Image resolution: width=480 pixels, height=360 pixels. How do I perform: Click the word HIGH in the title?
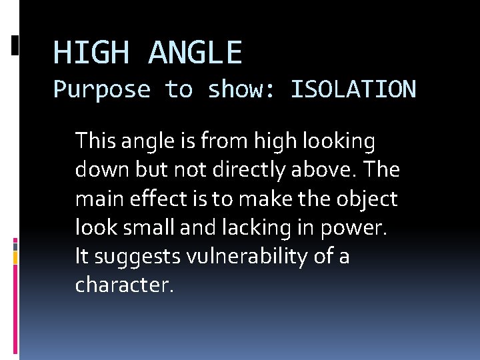pos(91,52)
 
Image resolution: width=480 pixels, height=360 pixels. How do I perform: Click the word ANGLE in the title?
pos(195,52)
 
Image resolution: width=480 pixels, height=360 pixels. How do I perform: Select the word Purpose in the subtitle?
pos(102,89)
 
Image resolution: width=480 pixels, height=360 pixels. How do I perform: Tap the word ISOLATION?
pos(353,89)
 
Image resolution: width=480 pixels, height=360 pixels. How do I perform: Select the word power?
pos(359,227)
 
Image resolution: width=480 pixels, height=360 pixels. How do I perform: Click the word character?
pos(125,285)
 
